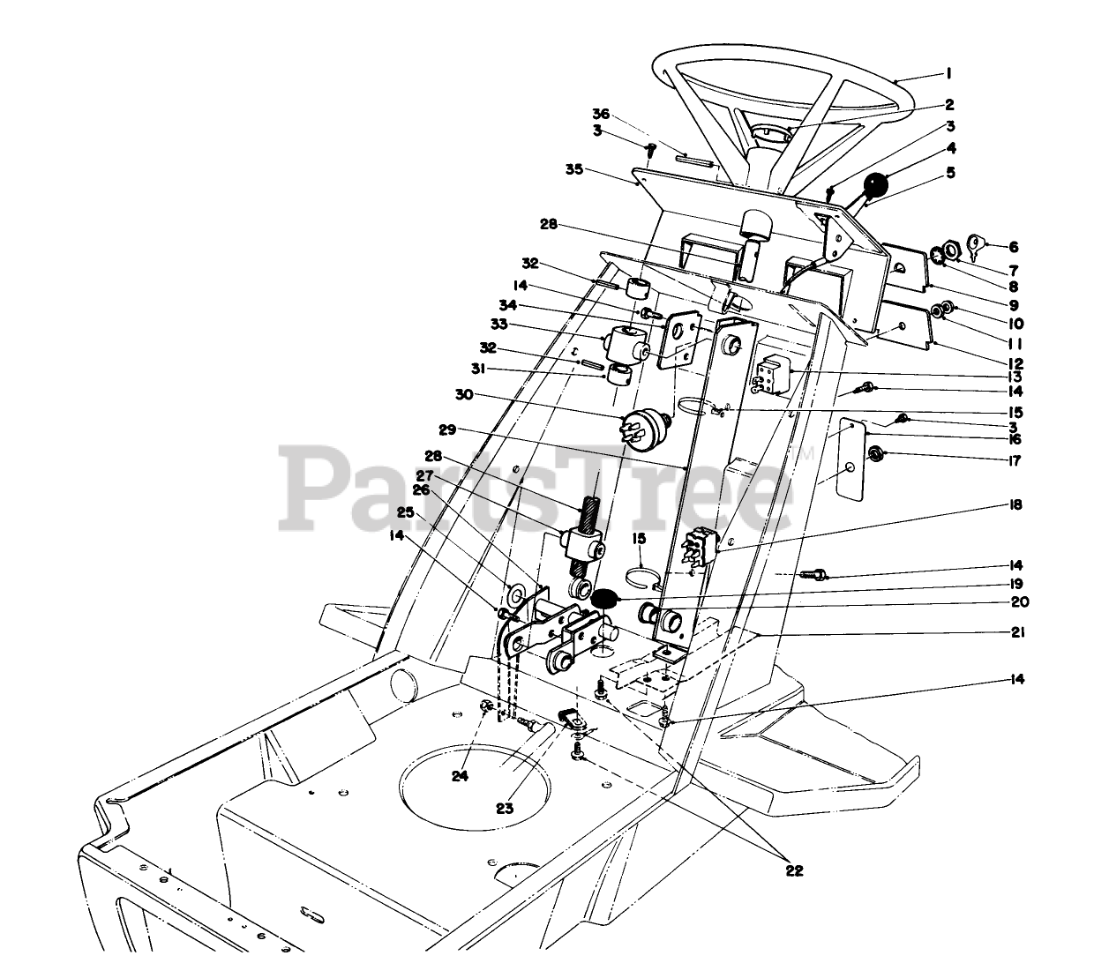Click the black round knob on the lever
pyautogui.click(x=876, y=186)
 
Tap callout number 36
pyautogui.click(x=601, y=115)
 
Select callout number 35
pyautogui.click(x=575, y=169)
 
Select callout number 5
pyautogui.click(x=950, y=174)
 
